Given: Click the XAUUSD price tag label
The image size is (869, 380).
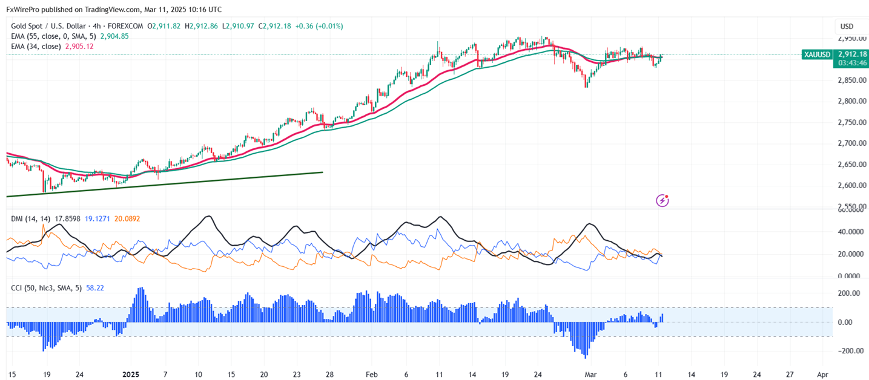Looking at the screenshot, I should coord(817,54).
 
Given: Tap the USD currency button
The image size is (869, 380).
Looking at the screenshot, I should coord(847,27).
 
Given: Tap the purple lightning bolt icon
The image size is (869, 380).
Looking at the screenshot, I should coord(662,200).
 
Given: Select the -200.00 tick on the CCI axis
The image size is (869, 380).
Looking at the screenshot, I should coord(850,351).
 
